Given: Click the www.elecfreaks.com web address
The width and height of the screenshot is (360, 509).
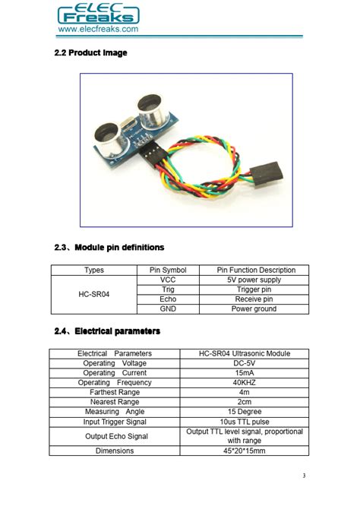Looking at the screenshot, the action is click(98, 29).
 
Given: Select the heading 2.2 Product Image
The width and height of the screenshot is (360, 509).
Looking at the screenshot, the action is click(91, 52).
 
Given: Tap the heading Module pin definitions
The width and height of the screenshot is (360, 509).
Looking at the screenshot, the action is click(109, 248).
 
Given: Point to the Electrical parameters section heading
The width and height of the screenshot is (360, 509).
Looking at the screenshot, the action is click(107, 331).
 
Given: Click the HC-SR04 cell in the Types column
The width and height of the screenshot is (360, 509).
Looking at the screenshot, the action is click(94, 294).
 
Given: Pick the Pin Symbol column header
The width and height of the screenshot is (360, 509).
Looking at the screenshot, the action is click(168, 270).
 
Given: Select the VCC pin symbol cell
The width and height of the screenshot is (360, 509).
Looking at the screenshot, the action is click(168, 280).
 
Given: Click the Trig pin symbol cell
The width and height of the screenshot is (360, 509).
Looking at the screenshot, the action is click(168, 289).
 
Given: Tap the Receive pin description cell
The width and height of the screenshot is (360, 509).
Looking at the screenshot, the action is click(254, 299).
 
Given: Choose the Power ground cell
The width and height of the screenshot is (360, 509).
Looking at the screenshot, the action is click(254, 309).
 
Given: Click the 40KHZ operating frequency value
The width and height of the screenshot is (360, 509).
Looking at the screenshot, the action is click(245, 383).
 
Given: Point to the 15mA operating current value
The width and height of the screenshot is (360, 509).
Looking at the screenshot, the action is click(245, 373).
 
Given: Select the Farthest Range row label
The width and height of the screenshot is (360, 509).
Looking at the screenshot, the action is click(115, 393).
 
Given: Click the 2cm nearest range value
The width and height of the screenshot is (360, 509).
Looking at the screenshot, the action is click(245, 402).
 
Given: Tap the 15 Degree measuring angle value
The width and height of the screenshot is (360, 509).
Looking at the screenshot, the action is click(245, 412).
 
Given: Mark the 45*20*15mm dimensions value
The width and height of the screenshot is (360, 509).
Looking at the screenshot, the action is click(245, 451).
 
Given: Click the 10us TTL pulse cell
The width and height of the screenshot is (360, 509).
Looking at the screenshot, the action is click(245, 422).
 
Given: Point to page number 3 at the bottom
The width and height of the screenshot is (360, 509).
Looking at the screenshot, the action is click(303, 476).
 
